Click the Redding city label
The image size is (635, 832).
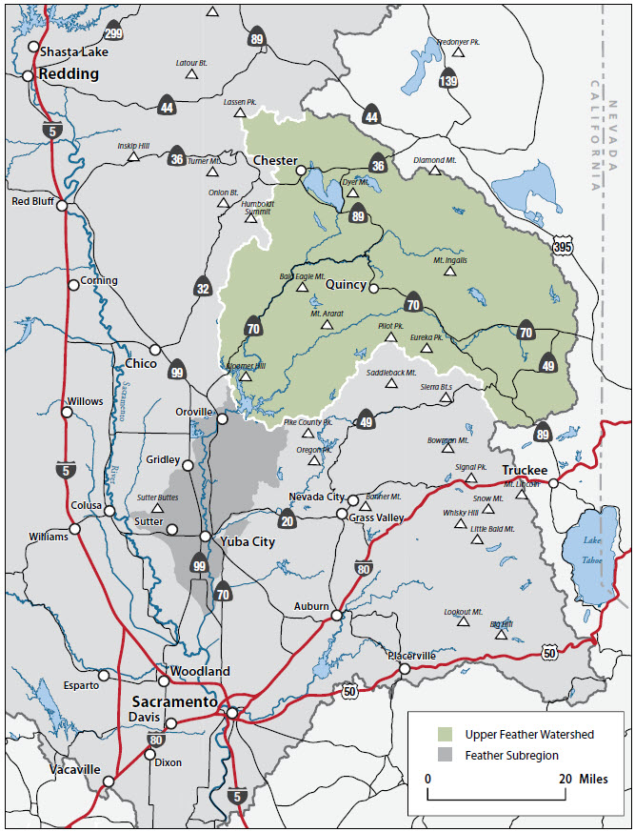tap(68, 74)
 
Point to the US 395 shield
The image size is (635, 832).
tap(565, 248)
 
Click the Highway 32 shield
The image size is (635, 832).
tap(202, 287)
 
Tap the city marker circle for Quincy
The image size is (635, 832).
tap(374, 288)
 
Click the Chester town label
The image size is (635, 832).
tap(275, 160)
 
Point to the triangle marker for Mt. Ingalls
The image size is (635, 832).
tap(450, 272)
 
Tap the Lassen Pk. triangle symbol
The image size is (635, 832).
tap(240, 113)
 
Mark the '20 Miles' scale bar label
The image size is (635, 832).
tap(582, 779)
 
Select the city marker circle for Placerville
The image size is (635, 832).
tap(405, 669)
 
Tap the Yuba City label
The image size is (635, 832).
tap(248, 541)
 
